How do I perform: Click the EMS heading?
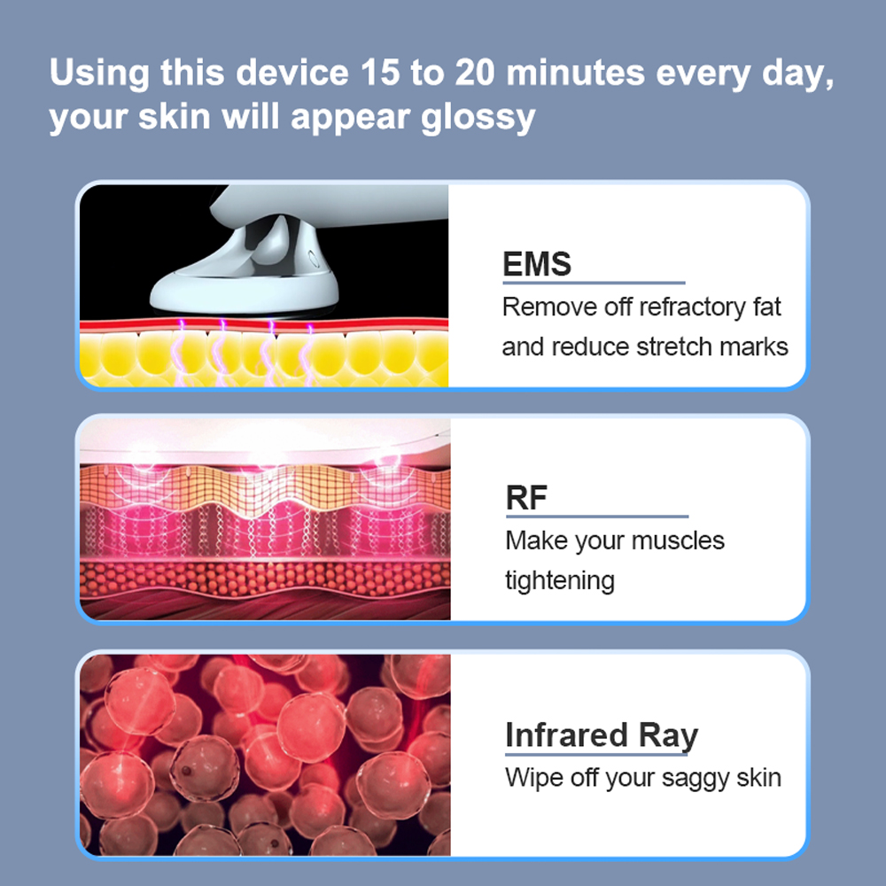pyautogui.click(x=537, y=264)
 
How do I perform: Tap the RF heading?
pyautogui.click(x=526, y=498)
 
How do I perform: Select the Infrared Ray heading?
pyautogui.click(x=602, y=735)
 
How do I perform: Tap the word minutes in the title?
pyautogui.click(x=575, y=73)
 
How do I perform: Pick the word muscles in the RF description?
pyautogui.click(x=678, y=540)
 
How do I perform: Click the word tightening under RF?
pyautogui.click(x=559, y=581)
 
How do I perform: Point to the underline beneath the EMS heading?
pyautogui.click(x=594, y=282)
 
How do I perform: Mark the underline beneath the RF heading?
pyautogui.click(x=596, y=516)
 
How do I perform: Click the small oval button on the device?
pyautogui.click(x=311, y=258)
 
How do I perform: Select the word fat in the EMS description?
pyautogui.click(x=766, y=307)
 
